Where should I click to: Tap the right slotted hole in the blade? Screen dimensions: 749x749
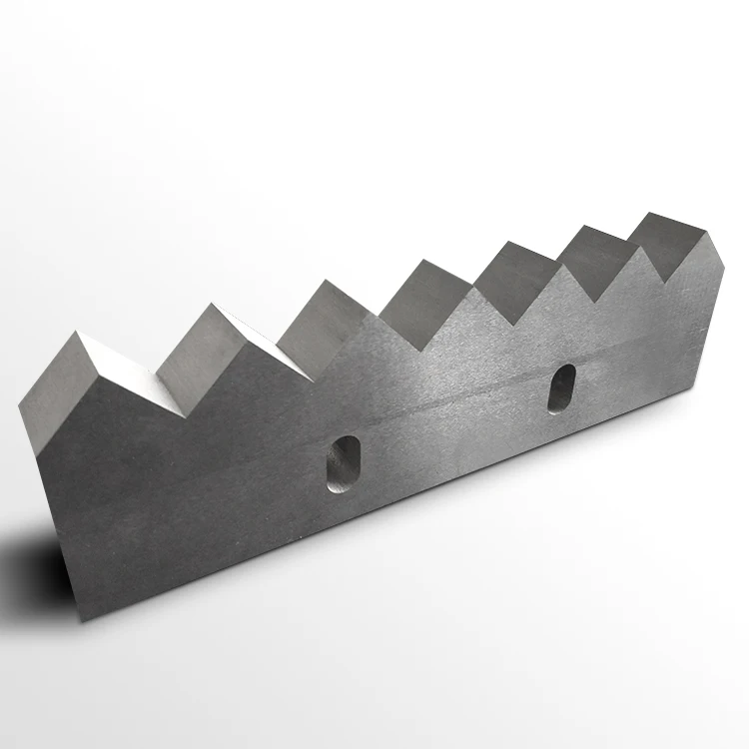(x=561, y=387)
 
